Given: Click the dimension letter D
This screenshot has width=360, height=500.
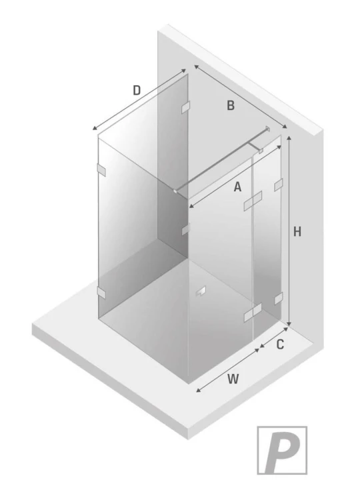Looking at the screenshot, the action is click(137, 90).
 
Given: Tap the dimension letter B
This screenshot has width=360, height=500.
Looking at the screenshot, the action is click(231, 105).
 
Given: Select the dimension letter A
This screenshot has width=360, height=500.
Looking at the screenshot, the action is click(237, 187).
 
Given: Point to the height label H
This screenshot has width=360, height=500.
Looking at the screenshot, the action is click(297, 231).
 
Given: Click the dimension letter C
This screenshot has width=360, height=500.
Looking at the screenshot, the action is click(280, 345).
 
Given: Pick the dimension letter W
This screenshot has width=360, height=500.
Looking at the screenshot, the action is click(233, 379).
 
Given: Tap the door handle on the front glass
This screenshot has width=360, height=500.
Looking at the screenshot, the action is click(201, 291).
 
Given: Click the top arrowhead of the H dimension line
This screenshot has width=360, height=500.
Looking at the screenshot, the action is click(289, 138).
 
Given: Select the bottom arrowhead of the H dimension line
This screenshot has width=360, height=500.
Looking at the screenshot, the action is click(289, 324).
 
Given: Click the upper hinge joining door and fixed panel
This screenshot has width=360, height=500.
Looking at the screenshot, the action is click(253, 201).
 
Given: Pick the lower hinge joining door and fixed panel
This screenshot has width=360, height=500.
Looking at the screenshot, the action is click(253, 312).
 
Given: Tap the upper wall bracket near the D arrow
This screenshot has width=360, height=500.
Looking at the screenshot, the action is click(185, 107).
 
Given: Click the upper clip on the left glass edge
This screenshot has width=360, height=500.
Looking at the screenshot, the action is click(101, 170).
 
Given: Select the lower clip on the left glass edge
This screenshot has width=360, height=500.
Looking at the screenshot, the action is click(101, 293).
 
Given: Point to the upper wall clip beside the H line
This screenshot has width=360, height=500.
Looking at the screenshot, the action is click(279, 185).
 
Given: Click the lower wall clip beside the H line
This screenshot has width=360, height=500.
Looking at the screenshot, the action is click(279, 298).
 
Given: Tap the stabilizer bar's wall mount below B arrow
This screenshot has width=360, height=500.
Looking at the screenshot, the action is click(267, 129).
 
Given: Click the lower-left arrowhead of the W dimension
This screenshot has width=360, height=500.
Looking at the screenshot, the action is click(198, 390).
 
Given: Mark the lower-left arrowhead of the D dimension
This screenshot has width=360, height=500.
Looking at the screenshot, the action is click(95, 128).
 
